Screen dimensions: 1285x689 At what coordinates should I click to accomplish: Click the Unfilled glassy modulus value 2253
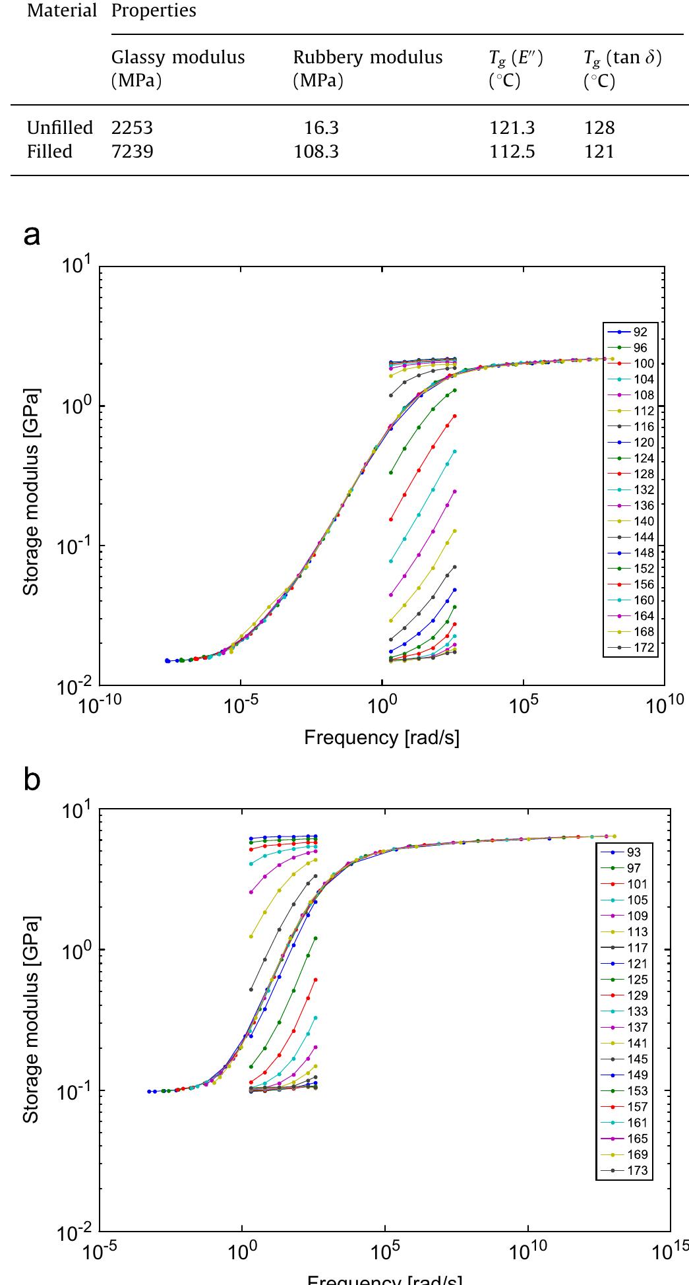point(132,127)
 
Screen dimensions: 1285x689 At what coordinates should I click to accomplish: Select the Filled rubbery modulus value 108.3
point(316,152)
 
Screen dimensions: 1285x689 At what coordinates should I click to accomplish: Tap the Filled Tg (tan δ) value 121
point(599,152)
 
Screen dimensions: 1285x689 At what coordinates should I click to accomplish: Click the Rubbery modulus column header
point(367,57)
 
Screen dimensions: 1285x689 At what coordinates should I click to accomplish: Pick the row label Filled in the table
point(49,152)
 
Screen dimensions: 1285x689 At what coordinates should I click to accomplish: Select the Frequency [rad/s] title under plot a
point(381,737)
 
